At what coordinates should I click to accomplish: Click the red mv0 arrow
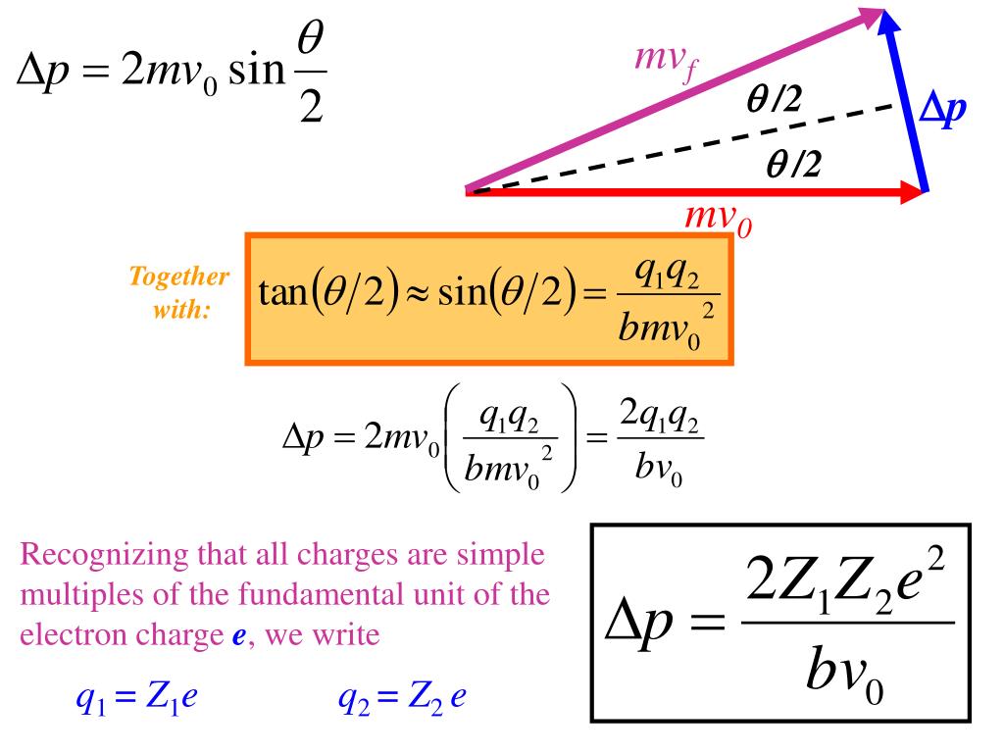click(x=686, y=191)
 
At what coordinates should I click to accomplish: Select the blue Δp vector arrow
click(x=906, y=103)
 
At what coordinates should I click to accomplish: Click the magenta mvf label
click(x=666, y=62)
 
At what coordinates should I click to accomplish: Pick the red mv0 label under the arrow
click(x=719, y=221)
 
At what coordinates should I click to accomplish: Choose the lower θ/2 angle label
click(x=794, y=168)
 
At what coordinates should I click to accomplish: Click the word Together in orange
click(x=179, y=277)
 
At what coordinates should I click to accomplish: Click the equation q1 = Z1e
click(x=137, y=699)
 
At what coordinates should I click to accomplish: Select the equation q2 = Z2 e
click(x=402, y=699)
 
